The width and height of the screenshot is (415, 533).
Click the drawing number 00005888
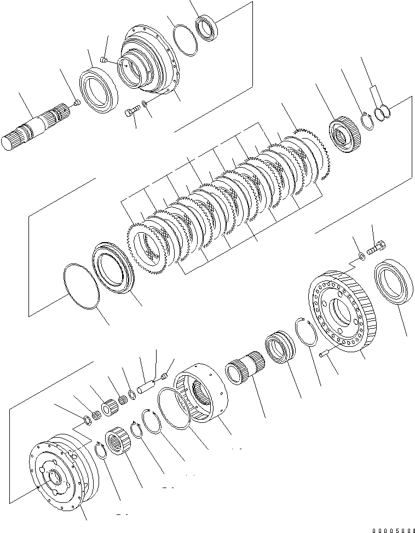pyautogui.click(x=393, y=530)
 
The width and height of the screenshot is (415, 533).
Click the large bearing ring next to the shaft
pyautogui.click(x=99, y=90)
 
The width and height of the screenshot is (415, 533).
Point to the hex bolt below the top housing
pyautogui.click(x=131, y=112)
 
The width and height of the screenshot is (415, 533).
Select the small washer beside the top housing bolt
pyautogui.click(x=144, y=104)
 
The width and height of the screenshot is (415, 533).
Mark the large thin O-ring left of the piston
pyautogui.click(x=80, y=284)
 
